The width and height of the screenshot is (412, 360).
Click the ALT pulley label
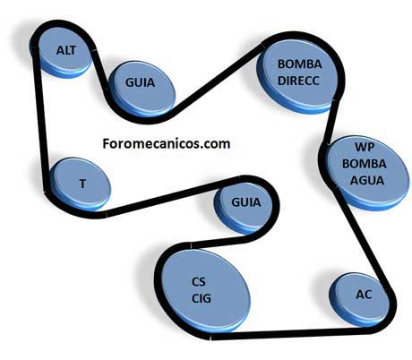coord(66,50)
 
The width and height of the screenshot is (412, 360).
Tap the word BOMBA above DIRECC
coord(300,64)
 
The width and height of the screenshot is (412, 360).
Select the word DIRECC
coord(298,81)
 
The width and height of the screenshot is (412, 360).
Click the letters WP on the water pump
coord(365,147)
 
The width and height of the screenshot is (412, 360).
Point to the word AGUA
coord(367,180)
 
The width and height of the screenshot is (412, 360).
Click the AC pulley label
coord(364,295)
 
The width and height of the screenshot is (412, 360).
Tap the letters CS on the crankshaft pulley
coord(199,281)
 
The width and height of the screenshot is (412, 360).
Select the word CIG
coord(202,298)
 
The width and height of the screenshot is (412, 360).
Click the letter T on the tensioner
coord(82,184)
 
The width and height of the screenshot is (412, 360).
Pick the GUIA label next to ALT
coord(141,82)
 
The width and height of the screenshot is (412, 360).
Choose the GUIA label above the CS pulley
coord(246,202)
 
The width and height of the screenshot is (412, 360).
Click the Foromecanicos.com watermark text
coord(167,143)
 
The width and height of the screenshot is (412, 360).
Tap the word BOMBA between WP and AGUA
coord(365,164)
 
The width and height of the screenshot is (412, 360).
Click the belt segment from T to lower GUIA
coord(173,195)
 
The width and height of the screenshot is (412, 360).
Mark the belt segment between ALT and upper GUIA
coord(100,69)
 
